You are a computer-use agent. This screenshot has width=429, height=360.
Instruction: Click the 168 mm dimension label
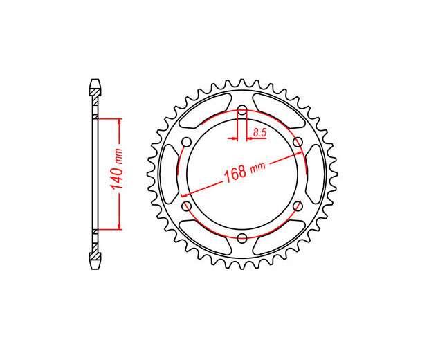[244, 172]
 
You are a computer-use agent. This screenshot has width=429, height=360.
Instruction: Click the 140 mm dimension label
[116, 170]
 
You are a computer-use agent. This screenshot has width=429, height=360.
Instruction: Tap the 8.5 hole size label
[259, 133]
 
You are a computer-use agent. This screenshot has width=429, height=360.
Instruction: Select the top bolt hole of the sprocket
[242, 111]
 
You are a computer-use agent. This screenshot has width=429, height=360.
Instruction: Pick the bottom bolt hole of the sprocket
[242, 238]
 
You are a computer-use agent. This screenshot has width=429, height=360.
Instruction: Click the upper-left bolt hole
[187, 143]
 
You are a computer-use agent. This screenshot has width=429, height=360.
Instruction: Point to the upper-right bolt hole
[298, 143]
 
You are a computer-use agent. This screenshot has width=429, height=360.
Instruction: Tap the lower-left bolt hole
[187, 206]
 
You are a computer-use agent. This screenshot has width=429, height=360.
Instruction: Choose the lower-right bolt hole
[298, 206]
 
